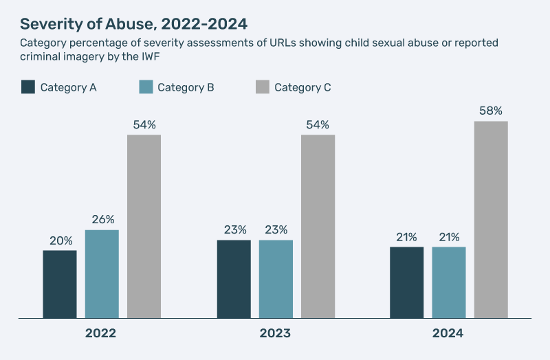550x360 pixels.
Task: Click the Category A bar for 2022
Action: (x=60, y=284)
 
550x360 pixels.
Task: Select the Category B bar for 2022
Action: (x=102, y=273)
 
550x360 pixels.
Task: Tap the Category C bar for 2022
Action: (x=144, y=226)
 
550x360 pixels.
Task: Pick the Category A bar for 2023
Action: (x=234, y=279)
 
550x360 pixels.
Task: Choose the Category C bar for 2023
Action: (x=318, y=226)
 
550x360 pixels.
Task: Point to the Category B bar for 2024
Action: (x=449, y=282)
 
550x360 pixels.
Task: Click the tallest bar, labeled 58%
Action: (x=491, y=219)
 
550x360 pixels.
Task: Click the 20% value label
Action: (x=60, y=241)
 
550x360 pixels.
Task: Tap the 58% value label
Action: (x=491, y=111)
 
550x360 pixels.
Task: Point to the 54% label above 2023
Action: (x=318, y=124)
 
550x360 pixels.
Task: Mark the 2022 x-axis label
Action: (x=100, y=334)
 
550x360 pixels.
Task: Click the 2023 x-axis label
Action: (x=275, y=334)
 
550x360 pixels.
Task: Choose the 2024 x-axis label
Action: (x=448, y=334)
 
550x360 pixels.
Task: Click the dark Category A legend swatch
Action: (x=28, y=87)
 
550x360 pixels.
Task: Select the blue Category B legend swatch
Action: (x=145, y=87)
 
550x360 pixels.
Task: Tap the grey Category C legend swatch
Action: (x=262, y=87)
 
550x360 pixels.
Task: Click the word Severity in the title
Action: (x=47, y=23)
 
